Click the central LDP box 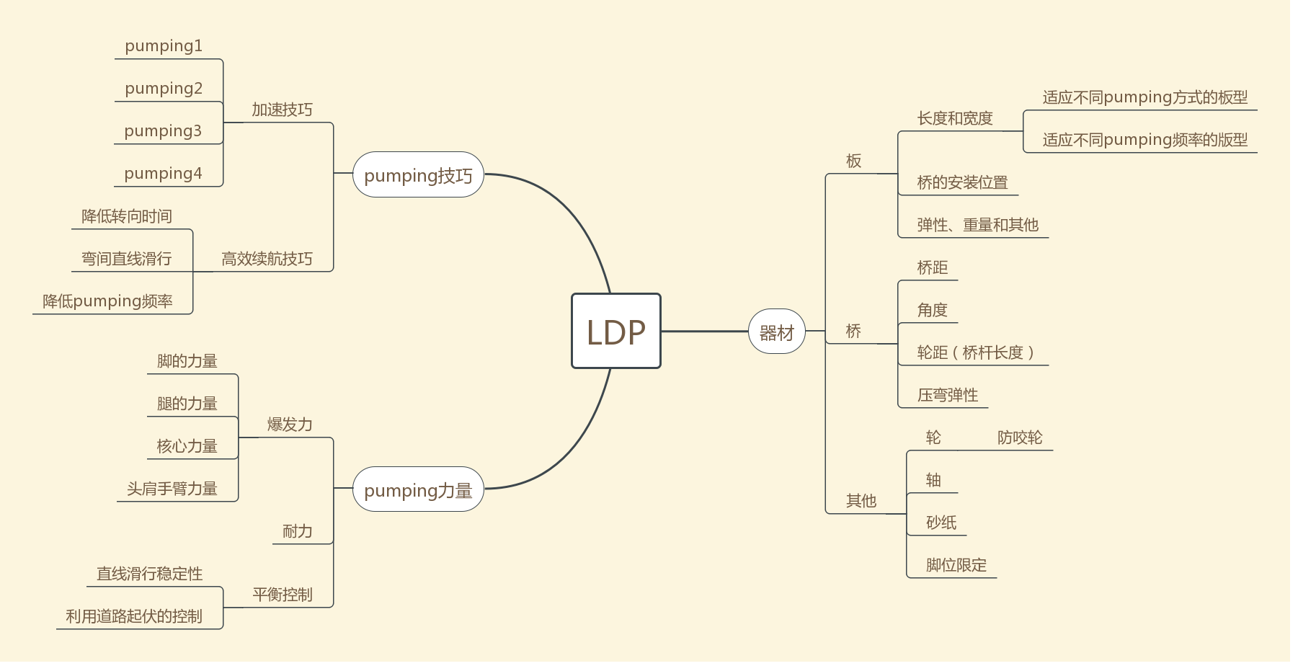pos(616,331)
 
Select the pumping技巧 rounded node pos(418,175)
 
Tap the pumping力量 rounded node pos(418,490)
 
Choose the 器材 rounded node pos(776,332)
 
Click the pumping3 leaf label pos(163,131)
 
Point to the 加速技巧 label pos(282,110)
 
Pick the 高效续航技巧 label pos(267,259)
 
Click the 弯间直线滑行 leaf pos(127,259)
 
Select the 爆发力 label pos(290,425)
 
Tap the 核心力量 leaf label pos(187,446)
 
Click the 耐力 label pos(297,531)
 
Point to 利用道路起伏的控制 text pos(134,616)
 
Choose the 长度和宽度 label pos(955,118)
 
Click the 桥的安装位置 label pos(962,182)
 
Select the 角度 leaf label pos(932,310)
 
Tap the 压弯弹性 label pos(948,395)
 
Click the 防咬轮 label pos(1020,438)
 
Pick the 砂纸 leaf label pos(941,523)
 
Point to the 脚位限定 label pos(956,565)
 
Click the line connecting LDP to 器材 pos(705,331)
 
